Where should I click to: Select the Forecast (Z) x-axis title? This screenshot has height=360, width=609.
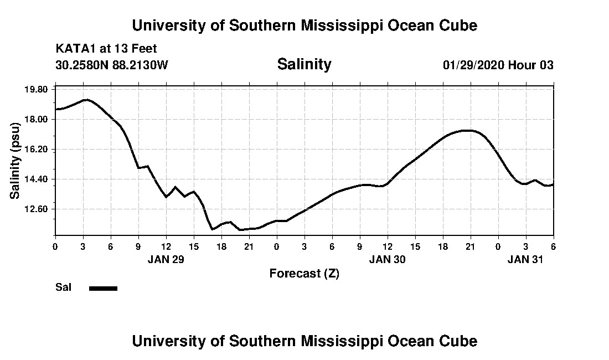(304, 273)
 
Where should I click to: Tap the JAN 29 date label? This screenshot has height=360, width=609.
(166, 259)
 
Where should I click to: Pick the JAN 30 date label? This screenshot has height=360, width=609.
(387, 259)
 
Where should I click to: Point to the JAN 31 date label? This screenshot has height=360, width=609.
(525, 259)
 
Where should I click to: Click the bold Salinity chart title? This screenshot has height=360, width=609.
(304, 64)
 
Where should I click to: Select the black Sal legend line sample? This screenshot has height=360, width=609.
(103, 288)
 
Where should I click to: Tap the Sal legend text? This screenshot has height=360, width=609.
(63, 287)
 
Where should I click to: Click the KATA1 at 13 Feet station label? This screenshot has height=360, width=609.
(106, 49)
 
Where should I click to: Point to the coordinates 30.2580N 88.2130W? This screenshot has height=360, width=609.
(111, 65)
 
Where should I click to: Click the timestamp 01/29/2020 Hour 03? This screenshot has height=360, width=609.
(498, 65)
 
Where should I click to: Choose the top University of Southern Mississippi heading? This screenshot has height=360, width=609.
(304, 25)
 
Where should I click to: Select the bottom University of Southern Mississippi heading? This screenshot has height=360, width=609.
(304, 341)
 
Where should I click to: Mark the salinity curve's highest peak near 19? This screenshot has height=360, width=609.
(85, 100)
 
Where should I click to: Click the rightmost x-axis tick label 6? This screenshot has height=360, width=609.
(553, 246)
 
